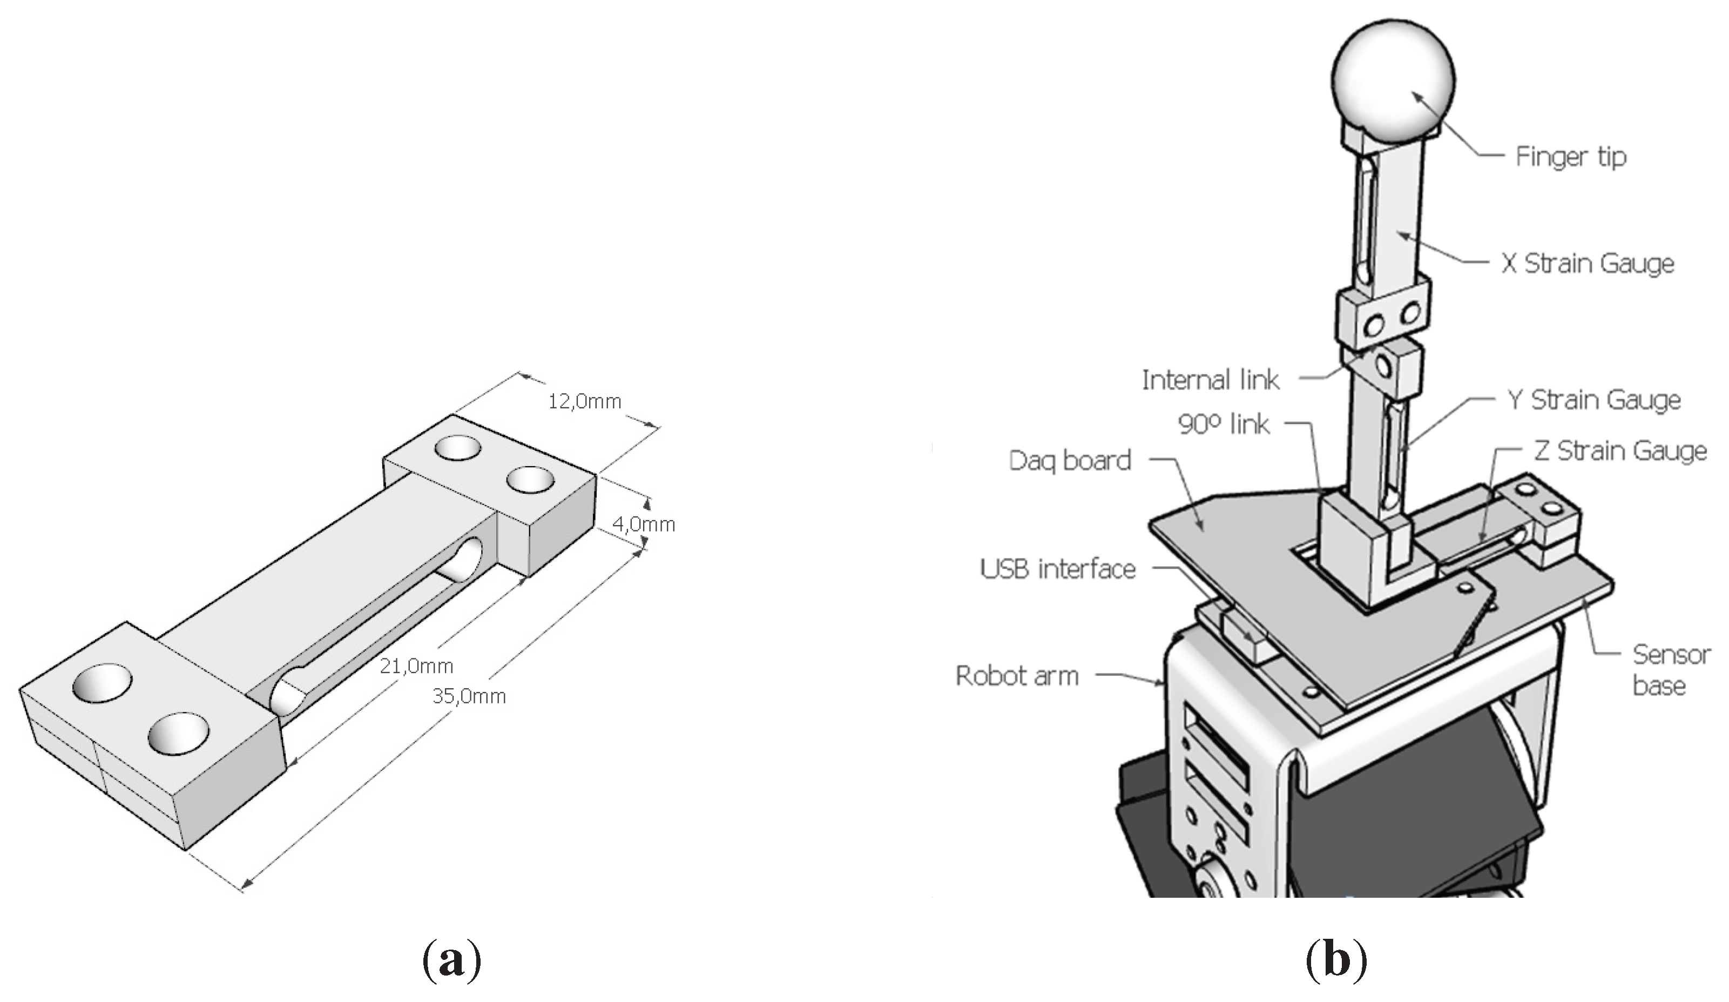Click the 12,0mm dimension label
click(x=585, y=401)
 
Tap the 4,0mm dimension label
click(x=644, y=524)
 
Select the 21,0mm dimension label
click(x=416, y=665)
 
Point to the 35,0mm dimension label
click(x=469, y=697)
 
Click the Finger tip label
click(x=1570, y=157)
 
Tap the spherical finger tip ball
click(x=1393, y=79)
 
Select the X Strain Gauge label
click(x=1588, y=264)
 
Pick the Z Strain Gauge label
click(x=1620, y=451)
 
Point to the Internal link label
click(x=1210, y=380)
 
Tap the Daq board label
click(x=1070, y=461)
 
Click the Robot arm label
click(x=1017, y=676)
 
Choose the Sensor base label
click(x=1671, y=669)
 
